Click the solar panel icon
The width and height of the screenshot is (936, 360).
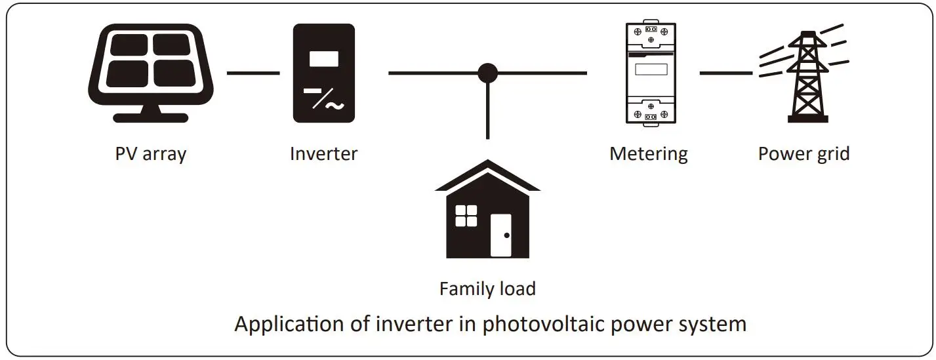[x=151, y=73]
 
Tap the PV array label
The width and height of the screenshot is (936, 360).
[x=151, y=153]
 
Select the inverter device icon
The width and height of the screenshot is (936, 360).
[x=324, y=73]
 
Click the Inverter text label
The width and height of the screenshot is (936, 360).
[x=324, y=153]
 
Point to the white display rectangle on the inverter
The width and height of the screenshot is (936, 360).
[x=324, y=59]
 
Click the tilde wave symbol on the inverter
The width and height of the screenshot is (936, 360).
[x=335, y=106]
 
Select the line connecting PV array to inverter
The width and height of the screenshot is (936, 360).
[x=253, y=73]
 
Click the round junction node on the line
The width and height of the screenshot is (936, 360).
[x=487, y=73]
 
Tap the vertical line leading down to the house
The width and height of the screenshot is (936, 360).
[x=487, y=111]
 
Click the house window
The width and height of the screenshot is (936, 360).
[x=466, y=216]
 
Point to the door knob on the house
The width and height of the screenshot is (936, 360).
[x=507, y=235]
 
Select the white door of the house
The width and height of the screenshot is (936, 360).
[x=500, y=235]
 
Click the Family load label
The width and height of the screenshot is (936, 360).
[x=487, y=289]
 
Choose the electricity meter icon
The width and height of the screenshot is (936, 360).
[x=651, y=73]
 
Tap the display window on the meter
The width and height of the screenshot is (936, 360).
[x=651, y=70]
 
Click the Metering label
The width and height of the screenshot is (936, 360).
[x=649, y=153]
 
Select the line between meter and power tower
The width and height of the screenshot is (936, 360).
[x=726, y=73]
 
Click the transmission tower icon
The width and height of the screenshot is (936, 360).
[x=804, y=73]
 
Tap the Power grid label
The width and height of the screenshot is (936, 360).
[x=804, y=153]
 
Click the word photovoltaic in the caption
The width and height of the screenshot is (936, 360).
[x=543, y=325]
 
